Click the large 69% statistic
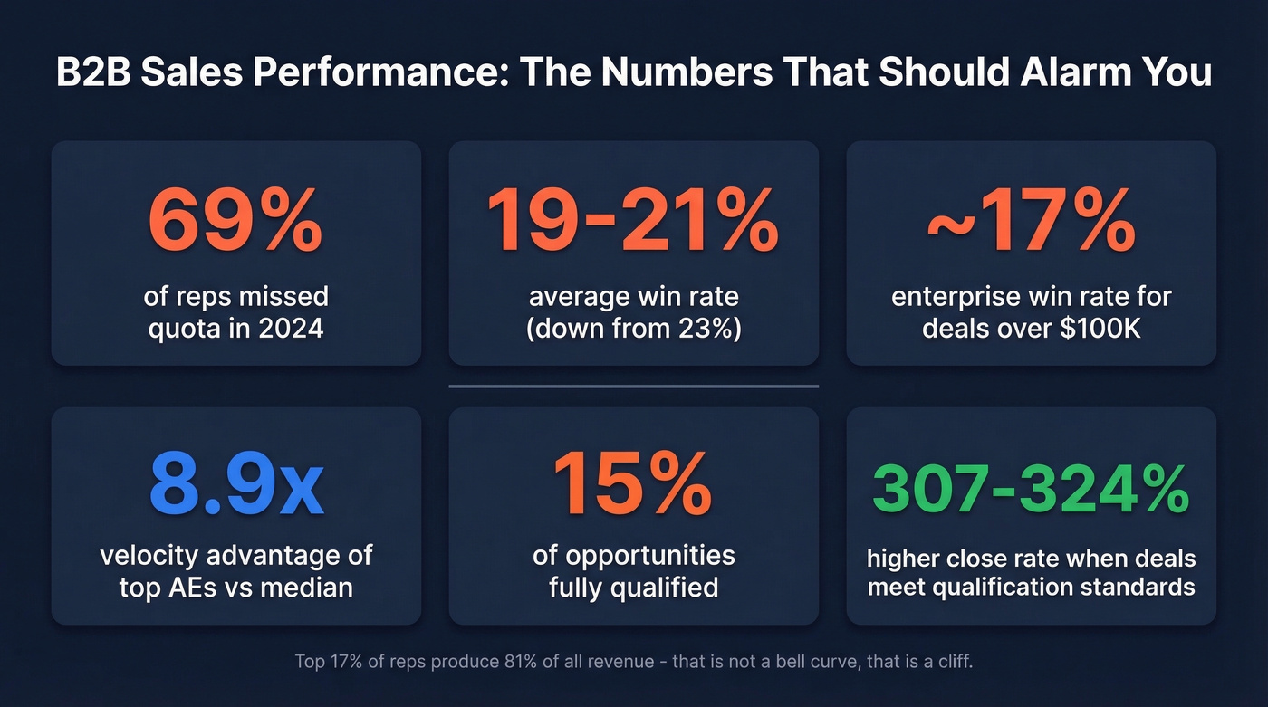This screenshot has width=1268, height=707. [235, 221]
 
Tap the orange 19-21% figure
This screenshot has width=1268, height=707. [633, 221]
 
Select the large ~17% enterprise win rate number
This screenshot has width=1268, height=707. [1031, 221]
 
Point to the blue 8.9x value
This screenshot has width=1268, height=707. [235, 487]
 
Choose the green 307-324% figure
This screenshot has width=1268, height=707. [1031, 489]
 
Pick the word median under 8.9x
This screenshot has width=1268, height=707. [306, 587]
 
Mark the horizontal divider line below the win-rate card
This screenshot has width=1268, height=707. [633, 387]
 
